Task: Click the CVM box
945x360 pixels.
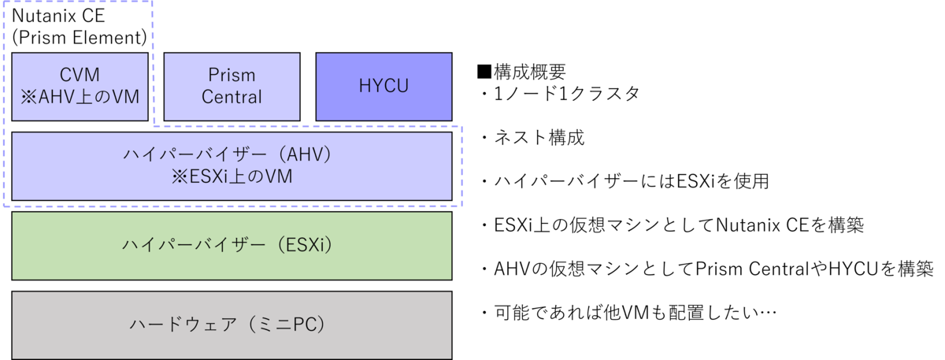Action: point(80,87)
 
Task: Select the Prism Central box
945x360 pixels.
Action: point(232,87)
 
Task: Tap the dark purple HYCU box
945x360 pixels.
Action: point(384,87)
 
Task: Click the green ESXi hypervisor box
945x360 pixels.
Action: point(232,246)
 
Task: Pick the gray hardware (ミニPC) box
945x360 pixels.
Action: point(232,325)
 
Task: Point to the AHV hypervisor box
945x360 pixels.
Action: point(232,166)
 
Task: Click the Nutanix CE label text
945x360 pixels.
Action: point(58,16)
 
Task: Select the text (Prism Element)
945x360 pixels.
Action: point(80,38)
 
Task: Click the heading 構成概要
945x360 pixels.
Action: point(530,72)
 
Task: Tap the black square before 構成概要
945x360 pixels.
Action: point(484,72)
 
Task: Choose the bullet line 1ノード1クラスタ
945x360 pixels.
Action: point(561,94)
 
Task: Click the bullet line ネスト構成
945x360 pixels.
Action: point(533,138)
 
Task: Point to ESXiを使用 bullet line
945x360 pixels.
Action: point(625,181)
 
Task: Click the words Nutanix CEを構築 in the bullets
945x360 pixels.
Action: point(790,225)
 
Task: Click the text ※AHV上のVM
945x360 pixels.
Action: point(80,97)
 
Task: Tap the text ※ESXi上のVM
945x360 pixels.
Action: point(232,176)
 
